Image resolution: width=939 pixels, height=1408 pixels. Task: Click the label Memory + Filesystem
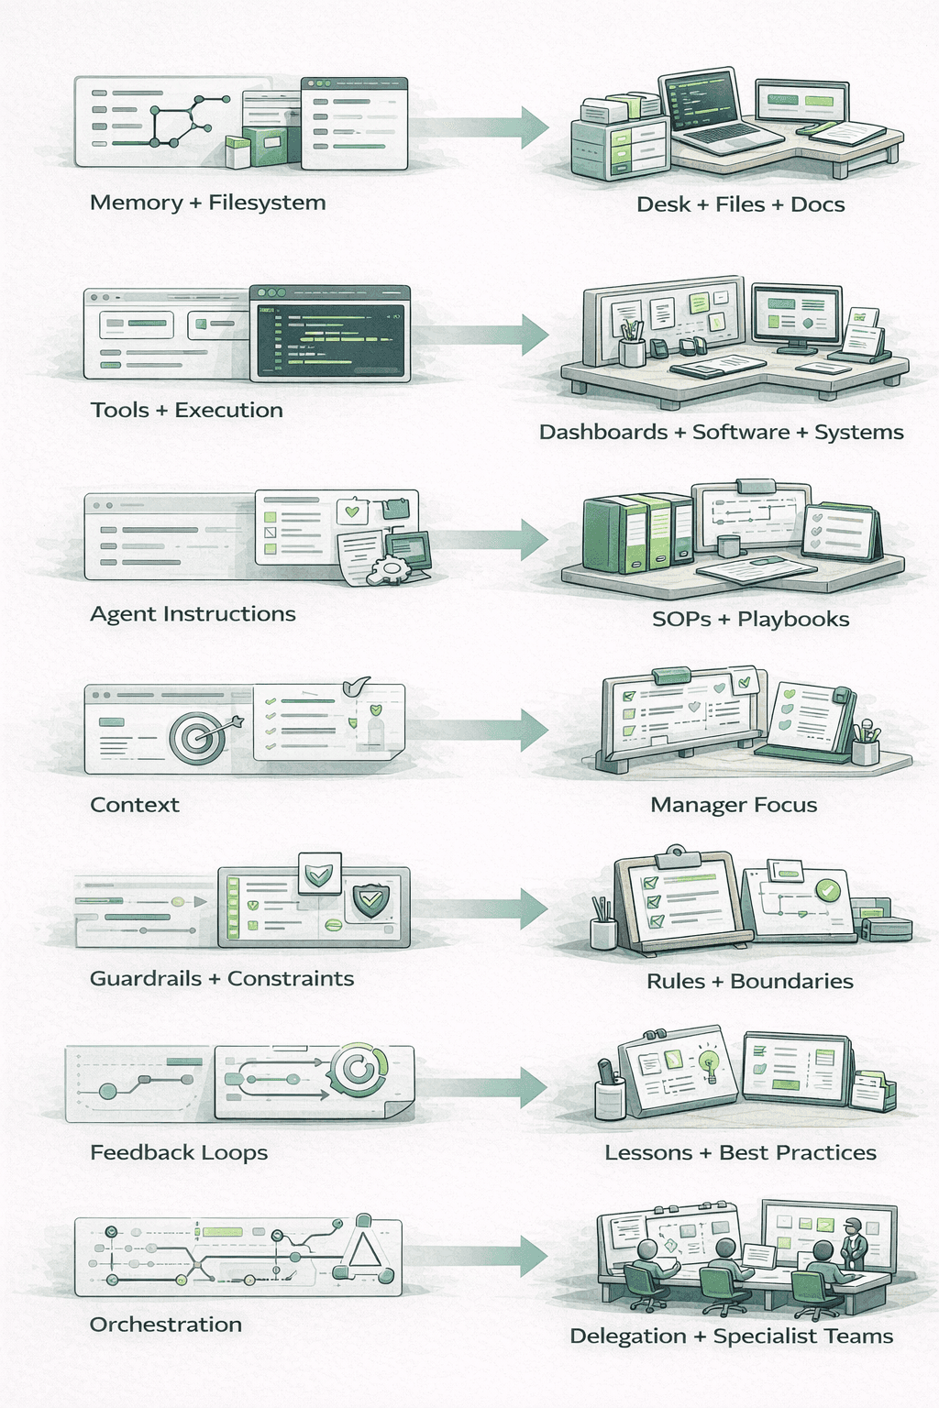[207, 203]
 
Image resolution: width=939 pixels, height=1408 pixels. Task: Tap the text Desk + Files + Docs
[741, 204]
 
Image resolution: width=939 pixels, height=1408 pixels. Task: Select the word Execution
[228, 410]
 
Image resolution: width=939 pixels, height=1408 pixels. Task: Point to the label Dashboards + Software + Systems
[721, 432]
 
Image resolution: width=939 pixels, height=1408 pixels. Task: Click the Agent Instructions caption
[193, 614]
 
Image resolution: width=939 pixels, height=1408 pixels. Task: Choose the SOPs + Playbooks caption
[750, 620]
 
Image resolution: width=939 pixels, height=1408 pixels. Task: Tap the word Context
[135, 805]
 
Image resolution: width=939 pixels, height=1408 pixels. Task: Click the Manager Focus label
[734, 805]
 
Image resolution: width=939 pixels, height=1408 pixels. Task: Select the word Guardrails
[146, 979]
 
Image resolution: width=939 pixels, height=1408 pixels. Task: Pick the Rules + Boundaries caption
[749, 982]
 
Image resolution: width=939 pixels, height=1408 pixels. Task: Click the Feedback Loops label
[179, 1152]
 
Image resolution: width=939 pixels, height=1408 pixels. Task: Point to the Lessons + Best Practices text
[740, 1152]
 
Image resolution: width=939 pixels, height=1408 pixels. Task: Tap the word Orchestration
[166, 1325]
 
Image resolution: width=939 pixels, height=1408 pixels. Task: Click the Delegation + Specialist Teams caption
[731, 1336]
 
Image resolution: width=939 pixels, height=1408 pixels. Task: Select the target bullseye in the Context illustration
[195, 736]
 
